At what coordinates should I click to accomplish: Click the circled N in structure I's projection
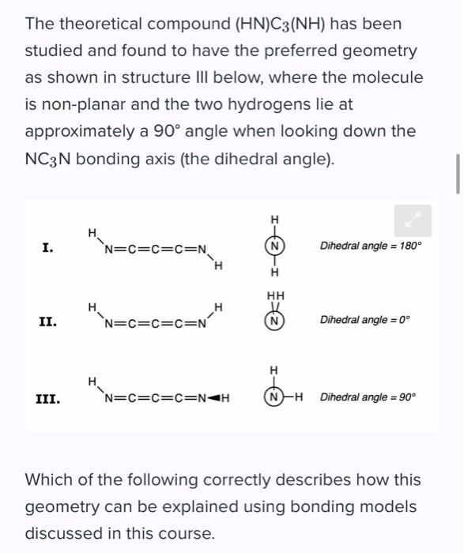coord(274,246)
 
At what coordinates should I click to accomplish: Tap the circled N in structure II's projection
coord(274,322)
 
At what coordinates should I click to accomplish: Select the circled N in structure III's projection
coord(274,397)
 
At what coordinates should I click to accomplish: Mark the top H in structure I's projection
coord(274,219)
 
